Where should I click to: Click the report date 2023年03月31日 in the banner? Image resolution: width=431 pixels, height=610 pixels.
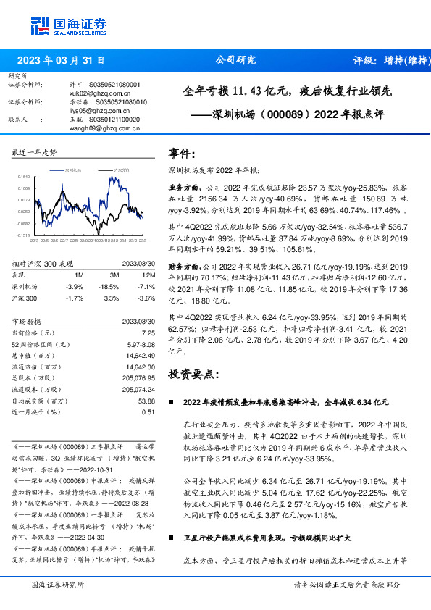61,61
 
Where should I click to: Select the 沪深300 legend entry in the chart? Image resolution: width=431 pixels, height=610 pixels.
119,168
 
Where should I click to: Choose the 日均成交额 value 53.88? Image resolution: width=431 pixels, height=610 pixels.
146,401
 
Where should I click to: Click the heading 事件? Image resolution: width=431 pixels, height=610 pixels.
182,154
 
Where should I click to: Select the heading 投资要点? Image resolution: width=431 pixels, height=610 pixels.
193,374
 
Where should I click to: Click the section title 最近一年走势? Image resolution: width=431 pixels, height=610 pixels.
34,152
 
